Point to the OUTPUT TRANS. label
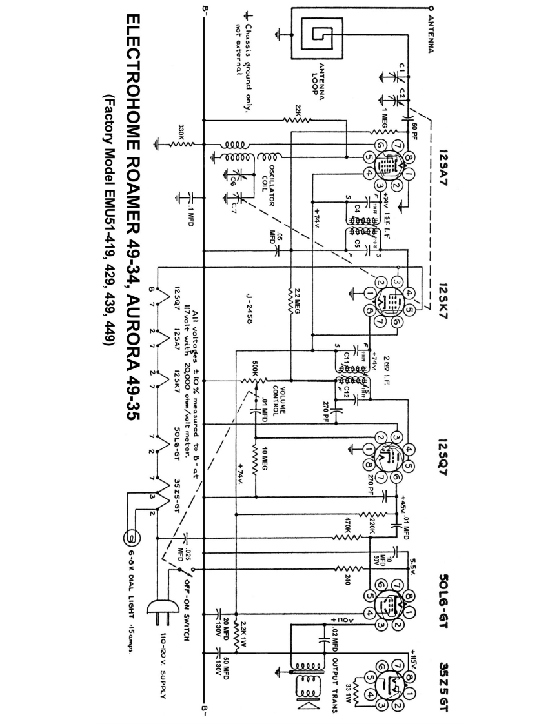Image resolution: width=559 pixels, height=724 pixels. (335, 678)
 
